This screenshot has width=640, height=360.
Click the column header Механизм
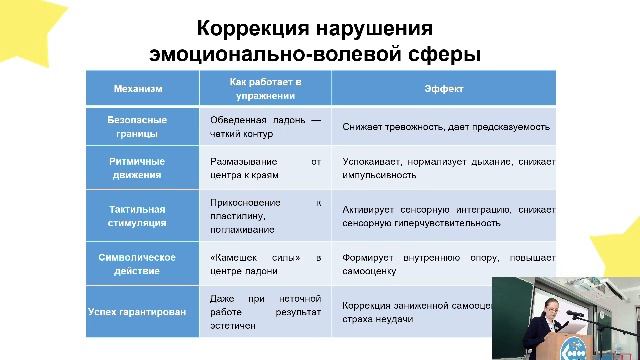pos(138,88)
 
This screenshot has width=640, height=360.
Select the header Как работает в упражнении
pos(265,88)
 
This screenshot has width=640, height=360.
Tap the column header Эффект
pos(443,88)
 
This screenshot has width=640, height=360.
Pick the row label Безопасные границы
pos(138,127)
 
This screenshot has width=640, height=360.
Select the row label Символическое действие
pos(138,264)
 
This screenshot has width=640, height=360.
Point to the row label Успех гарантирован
pos(138,312)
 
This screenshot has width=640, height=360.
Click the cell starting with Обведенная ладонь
pos(265,127)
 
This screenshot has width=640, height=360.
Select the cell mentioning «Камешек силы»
pos(265,264)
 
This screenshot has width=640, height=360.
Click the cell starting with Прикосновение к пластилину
pos(265,216)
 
